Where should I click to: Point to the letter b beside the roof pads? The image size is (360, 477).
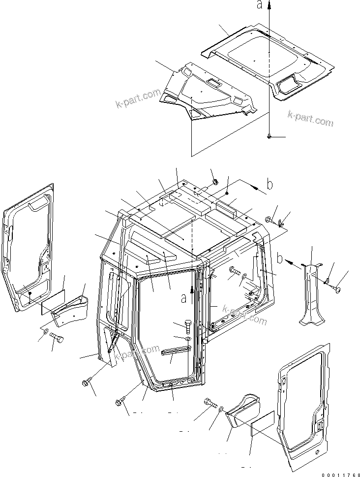click(x=269, y=185)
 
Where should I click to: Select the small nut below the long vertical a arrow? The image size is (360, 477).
click(x=270, y=136)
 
